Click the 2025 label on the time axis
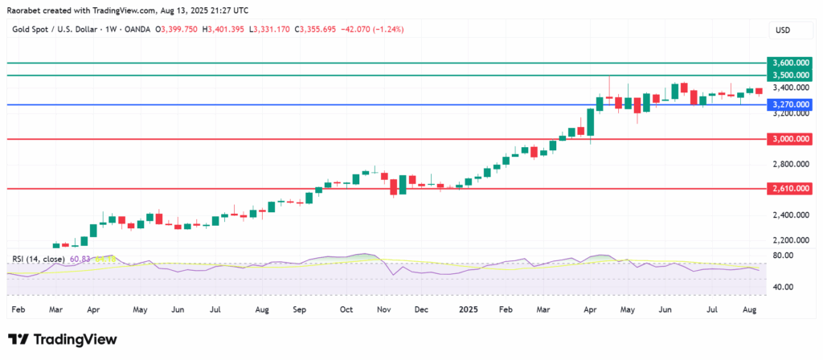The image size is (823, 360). [x=470, y=308]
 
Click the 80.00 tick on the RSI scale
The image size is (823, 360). [x=784, y=256]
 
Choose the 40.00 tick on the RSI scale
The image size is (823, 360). [x=784, y=287]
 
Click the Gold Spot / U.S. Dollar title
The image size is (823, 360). [x=54, y=30]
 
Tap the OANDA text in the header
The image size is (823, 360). [x=142, y=30]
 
